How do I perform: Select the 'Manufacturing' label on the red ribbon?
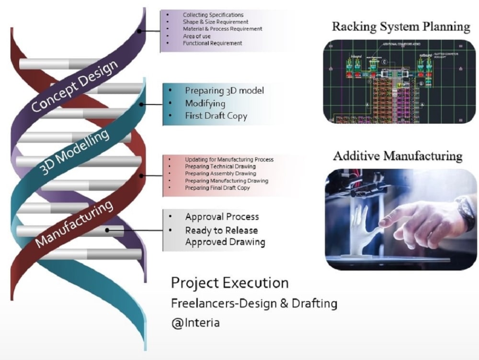(x=74, y=222)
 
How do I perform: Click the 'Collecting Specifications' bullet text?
(x=213, y=15)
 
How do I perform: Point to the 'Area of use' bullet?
(x=196, y=36)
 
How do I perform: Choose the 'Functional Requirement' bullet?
(x=212, y=43)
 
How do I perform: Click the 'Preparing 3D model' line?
(x=224, y=91)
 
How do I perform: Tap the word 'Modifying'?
(x=205, y=103)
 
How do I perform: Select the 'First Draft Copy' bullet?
(x=216, y=116)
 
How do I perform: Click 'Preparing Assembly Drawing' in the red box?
(x=220, y=174)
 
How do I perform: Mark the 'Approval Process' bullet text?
(x=222, y=217)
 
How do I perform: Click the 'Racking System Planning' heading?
(x=401, y=26)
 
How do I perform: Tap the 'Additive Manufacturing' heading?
(x=398, y=156)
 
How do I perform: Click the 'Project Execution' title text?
(x=229, y=283)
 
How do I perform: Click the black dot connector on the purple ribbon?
(x=139, y=31)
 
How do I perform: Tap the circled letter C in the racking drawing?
(x=385, y=61)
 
